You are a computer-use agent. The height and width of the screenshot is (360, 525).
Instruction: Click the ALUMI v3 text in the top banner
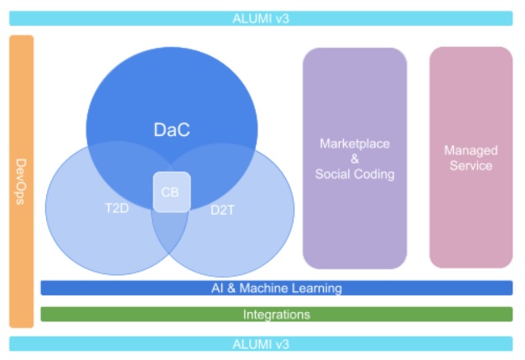tap(261, 18)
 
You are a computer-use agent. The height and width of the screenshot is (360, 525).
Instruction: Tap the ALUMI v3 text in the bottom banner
tap(261, 344)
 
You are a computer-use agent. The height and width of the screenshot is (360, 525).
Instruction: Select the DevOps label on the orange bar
tap(21, 181)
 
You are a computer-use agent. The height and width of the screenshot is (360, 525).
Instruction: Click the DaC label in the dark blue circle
tap(172, 129)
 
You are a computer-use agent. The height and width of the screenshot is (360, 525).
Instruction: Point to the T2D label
tap(117, 208)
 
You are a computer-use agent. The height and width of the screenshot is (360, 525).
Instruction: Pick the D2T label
tap(222, 211)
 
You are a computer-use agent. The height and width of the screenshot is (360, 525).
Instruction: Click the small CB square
tap(172, 192)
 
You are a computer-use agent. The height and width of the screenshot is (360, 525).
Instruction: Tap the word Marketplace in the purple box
tap(355, 144)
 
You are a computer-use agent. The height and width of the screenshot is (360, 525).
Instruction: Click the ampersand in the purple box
tap(355, 159)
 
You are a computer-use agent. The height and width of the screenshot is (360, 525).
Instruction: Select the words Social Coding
tap(355, 175)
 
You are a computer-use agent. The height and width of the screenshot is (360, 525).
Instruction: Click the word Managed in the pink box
tap(470, 151)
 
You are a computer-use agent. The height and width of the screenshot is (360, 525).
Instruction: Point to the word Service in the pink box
tap(470, 165)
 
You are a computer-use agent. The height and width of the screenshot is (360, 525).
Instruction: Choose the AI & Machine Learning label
tap(277, 289)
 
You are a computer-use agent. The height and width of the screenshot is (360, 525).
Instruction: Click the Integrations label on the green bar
tap(277, 315)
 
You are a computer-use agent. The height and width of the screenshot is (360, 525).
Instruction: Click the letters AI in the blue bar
tap(217, 289)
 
